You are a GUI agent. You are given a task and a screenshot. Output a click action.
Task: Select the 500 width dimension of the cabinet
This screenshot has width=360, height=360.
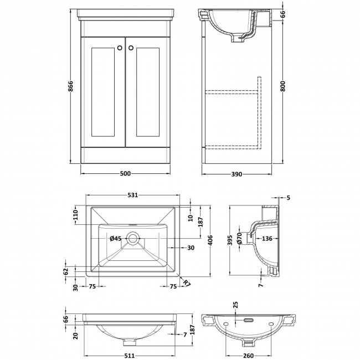click(x=125, y=173)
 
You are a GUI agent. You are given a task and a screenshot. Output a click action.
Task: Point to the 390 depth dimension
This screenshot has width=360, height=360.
click(x=236, y=173)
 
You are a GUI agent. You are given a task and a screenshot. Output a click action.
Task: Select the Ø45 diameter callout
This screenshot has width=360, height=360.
click(x=116, y=239)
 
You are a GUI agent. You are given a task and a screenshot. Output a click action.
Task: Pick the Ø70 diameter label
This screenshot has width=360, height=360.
click(x=239, y=239)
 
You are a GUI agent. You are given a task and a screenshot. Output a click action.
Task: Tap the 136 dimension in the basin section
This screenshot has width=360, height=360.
click(x=267, y=239)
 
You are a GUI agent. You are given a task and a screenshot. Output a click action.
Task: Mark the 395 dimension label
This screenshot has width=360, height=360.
click(x=230, y=239)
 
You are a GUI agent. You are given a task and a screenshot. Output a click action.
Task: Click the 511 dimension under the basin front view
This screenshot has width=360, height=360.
click(x=129, y=357)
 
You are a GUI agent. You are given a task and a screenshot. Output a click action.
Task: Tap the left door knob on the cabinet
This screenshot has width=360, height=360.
click(x=119, y=48)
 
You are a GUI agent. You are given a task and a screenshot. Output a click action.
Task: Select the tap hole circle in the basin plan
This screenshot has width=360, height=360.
click(x=133, y=239)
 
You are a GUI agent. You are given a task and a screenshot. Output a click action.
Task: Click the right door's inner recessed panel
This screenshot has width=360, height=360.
click(x=147, y=91)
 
